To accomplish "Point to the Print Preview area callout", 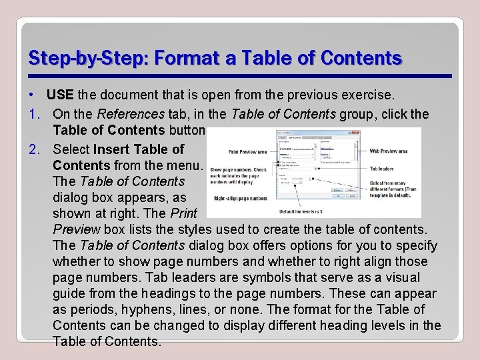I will pyautogui.click(x=247, y=152).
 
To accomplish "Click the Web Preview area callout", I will pyautogui.click(x=389, y=151).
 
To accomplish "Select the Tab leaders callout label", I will pyautogui.click(x=383, y=169).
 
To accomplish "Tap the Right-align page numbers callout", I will pyautogui.click(x=241, y=198).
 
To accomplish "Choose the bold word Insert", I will pyautogui.click(x=111, y=149).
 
